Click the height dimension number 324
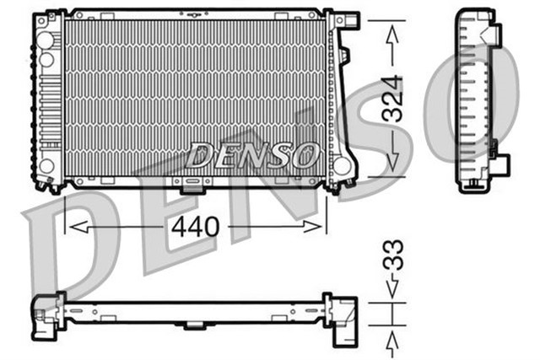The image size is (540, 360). (x=391, y=100)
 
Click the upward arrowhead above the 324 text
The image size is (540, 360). (x=391, y=34)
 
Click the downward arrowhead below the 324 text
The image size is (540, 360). (x=391, y=165)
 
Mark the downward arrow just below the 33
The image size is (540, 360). (x=392, y=288)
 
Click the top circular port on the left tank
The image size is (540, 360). (x=46, y=39)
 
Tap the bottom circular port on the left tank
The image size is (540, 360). (x=46, y=165)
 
